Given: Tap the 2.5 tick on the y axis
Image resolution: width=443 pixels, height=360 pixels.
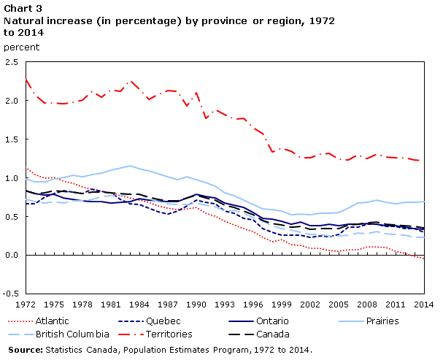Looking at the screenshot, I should [x=12, y=62].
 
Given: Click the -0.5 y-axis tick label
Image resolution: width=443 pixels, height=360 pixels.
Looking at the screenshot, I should [x=11, y=294].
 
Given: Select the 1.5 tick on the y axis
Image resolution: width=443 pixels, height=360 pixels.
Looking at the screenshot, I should [x=12, y=139].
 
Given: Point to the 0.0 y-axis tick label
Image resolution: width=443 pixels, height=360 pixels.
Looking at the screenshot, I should [x=12, y=255].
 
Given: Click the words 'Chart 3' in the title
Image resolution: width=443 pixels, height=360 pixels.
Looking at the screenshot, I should [x=22, y=7].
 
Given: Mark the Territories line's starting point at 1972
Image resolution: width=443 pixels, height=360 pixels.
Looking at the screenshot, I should [x=26, y=79].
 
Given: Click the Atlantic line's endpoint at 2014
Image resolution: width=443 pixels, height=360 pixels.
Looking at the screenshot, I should [x=425, y=258].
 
